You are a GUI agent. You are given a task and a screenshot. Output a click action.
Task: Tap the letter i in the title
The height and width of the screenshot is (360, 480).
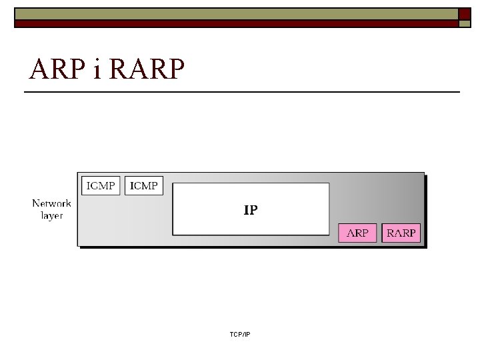tap(97, 69)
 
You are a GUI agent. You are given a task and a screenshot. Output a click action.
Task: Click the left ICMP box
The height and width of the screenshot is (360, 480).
tap(101, 185)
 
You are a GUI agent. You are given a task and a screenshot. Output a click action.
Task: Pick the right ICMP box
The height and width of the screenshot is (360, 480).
tap(144, 185)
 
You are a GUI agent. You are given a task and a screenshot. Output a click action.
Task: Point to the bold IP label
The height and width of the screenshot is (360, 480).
tap(251, 210)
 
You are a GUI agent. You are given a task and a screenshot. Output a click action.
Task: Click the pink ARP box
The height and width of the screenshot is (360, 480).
tap(358, 233)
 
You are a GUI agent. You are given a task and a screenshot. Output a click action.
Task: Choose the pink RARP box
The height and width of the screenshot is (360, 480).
tap(401, 233)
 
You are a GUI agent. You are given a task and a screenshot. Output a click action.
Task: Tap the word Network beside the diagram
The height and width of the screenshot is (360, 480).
tap(51, 204)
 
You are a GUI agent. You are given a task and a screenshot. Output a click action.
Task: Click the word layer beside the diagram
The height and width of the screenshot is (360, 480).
tap(51, 215)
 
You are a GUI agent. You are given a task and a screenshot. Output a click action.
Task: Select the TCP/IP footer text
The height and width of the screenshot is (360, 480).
tap(239, 333)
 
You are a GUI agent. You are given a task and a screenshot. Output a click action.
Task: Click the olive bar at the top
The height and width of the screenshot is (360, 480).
tap(233, 13)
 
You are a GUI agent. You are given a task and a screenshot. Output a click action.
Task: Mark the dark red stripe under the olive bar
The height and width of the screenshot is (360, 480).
tap(233, 23)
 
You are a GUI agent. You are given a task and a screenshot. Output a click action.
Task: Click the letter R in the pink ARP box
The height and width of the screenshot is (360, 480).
tap(358, 233)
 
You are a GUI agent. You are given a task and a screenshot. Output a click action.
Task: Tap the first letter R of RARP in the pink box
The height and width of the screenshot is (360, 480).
tap(391, 233)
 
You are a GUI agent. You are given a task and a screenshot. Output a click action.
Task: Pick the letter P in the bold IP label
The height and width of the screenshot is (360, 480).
tap(253, 210)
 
